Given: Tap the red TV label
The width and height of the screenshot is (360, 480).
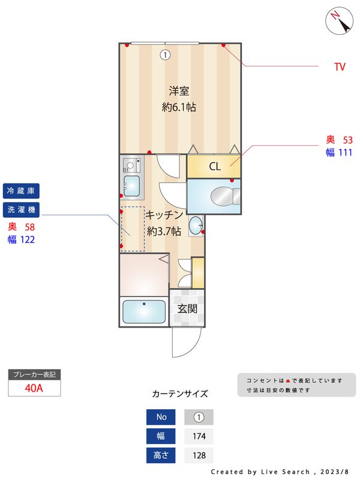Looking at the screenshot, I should click(x=340, y=67).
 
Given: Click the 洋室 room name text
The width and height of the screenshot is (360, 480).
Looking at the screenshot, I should click(x=179, y=92).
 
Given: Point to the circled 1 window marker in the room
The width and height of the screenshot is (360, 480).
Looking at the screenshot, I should click(x=165, y=55).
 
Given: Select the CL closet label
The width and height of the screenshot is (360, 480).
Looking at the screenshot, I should click(x=214, y=167).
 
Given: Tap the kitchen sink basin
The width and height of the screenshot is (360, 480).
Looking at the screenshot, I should click(x=132, y=185).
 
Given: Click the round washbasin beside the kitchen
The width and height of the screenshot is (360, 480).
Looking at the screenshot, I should click(x=196, y=226).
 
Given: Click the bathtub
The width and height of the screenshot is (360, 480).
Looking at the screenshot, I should click(x=144, y=312).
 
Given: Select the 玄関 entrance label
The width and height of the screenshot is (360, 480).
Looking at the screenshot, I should click(x=187, y=309).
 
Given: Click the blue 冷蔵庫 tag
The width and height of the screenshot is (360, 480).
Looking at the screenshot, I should click(x=21, y=191).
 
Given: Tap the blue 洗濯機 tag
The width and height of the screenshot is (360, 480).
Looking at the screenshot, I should click(x=21, y=209).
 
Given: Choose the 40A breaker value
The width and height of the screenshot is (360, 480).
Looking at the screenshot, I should click(x=34, y=388).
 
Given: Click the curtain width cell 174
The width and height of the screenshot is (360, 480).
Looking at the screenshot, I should click(x=199, y=436).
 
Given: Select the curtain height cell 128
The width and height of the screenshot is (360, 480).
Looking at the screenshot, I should click(x=199, y=455).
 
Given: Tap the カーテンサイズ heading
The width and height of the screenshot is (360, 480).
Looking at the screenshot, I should click(x=180, y=394).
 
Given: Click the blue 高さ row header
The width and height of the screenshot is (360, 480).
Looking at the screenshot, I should click(x=161, y=455).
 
